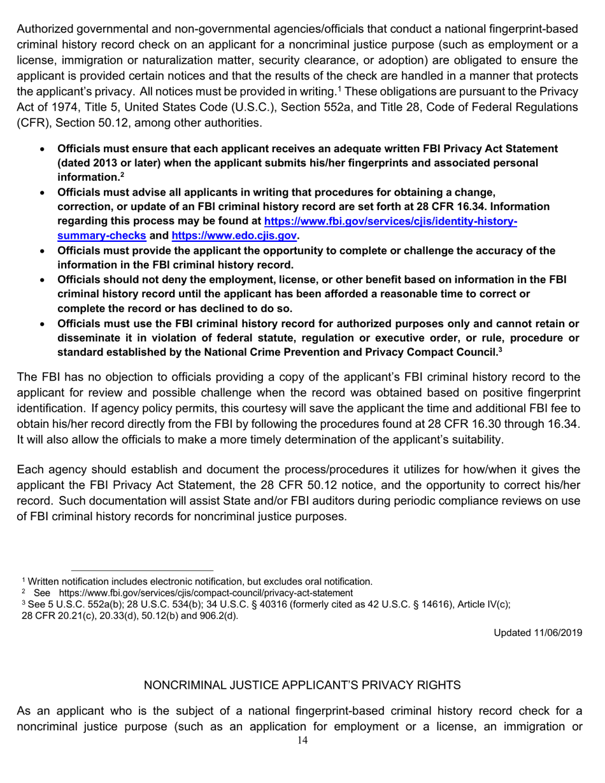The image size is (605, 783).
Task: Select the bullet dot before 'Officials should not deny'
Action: [42, 280]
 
